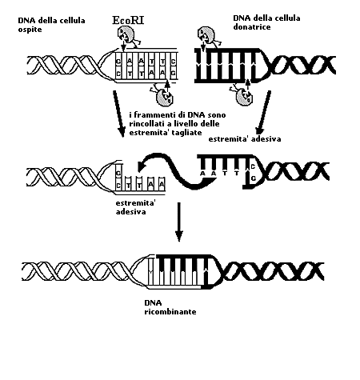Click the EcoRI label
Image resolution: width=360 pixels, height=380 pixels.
coord(128,20)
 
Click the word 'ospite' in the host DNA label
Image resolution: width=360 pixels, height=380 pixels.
coord(30,30)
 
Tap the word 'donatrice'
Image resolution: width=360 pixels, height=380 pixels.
coord(252,27)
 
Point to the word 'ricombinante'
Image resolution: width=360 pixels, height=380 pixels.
coord(170,312)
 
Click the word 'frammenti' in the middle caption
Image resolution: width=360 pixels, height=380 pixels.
coord(152,115)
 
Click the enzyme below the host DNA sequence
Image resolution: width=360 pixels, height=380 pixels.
coord(162,94)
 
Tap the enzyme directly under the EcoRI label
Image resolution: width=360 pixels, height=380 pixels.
coord(127,36)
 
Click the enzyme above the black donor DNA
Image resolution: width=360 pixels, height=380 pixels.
coord(208,36)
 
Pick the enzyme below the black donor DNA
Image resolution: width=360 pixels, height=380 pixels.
coord(242,94)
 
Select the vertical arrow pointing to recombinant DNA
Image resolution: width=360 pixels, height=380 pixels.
coord(179,222)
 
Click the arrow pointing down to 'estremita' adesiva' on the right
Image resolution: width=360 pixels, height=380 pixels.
coord(262,112)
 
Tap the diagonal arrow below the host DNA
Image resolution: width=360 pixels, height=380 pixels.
coord(119,114)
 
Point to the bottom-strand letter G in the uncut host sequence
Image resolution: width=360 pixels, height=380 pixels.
coord(173,73)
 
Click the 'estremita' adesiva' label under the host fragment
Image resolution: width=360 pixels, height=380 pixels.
coord(135,207)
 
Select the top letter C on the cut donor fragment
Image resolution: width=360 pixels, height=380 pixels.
coord(253,167)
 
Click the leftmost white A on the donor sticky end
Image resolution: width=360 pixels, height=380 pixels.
coord(203,174)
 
